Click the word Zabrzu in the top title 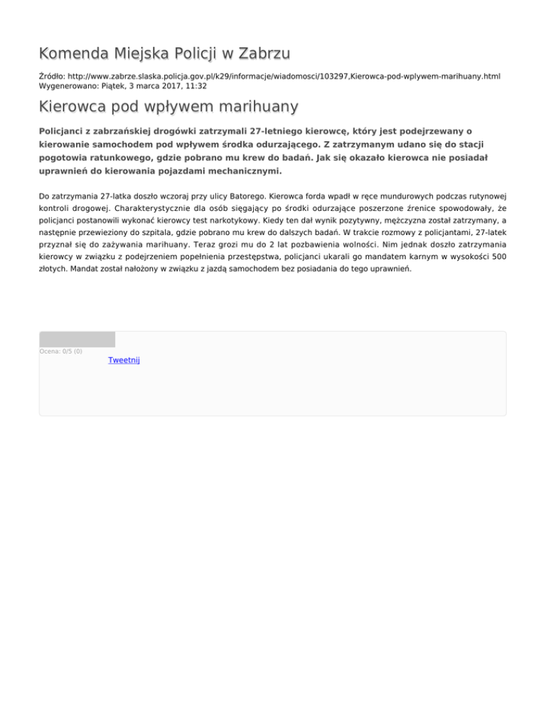[258, 54]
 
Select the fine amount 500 [498, 257]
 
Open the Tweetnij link [124, 361]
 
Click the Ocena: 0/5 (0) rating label [60, 351]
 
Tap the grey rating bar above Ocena [77, 340]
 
